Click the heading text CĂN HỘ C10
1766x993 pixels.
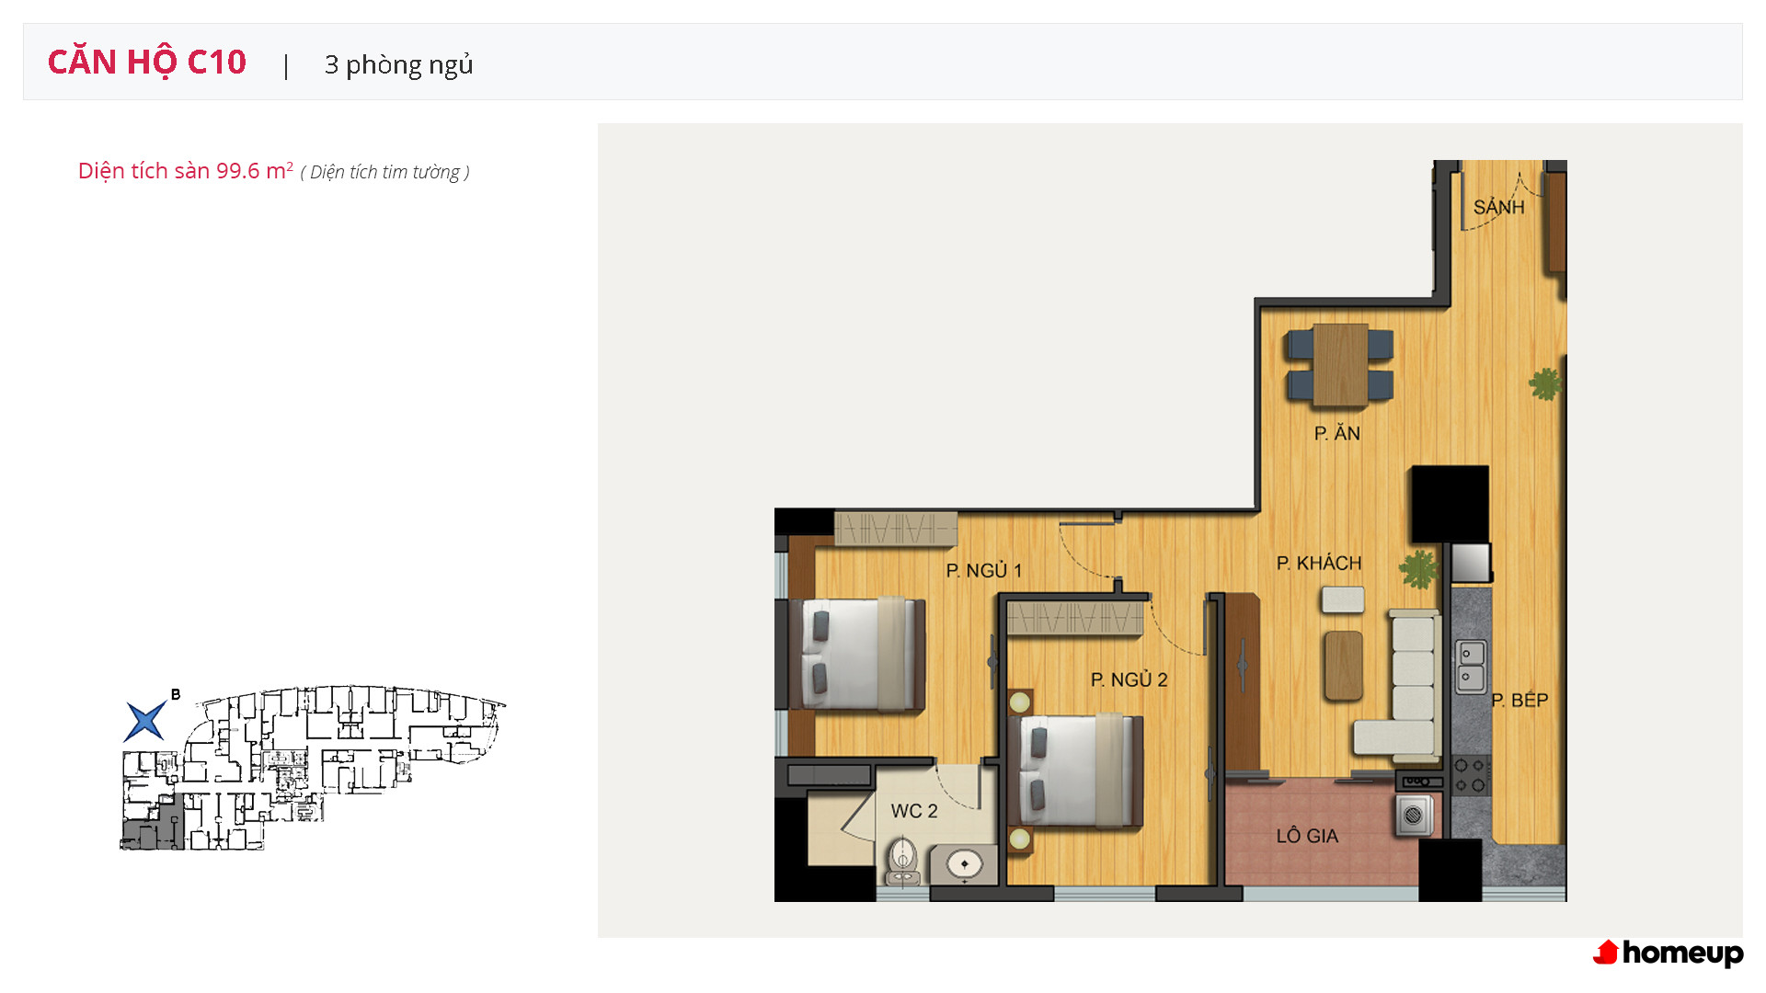click(x=147, y=62)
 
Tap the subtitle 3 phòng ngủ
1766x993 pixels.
click(x=398, y=64)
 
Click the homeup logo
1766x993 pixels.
click(x=1669, y=953)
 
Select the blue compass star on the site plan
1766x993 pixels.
click(x=145, y=721)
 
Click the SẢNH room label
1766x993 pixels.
click(x=1498, y=206)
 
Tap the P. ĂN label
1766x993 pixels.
click(x=1336, y=433)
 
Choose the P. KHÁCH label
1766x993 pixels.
click(x=1319, y=563)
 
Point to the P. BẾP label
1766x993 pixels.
click(x=1519, y=701)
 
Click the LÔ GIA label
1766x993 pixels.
click(x=1307, y=836)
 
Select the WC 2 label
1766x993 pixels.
click(x=914, y=811)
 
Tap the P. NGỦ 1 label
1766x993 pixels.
click(x=984, y=571)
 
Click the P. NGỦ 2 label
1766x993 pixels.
click(x=1129, y=680)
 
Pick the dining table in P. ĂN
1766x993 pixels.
click(x=1340, y=365)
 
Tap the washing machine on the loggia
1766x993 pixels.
click(x=1415, y=816)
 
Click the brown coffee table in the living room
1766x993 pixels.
click(x=1343, y=666)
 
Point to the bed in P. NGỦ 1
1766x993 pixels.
click(x=856, y=655)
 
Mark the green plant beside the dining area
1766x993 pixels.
click(x=1545, y=383)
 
